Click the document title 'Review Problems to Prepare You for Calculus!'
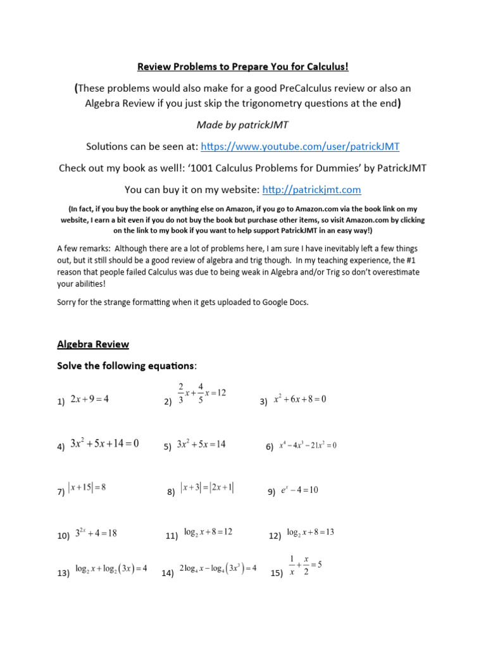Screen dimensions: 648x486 pos(243,67)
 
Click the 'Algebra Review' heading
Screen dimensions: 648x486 pos(93,344)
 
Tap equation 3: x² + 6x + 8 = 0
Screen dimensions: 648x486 pos(299,399)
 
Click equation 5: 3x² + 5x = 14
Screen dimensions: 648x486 pos(201,444)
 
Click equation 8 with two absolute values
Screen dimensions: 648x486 pos(207,487)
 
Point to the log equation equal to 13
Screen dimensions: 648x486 pos(310,532)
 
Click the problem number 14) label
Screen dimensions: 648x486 pos(168,573)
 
